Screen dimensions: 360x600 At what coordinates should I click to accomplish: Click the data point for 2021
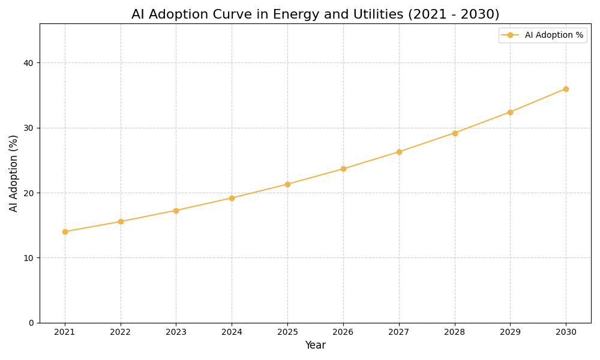(65, 232)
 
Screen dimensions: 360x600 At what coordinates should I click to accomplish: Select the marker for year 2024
(232, 198)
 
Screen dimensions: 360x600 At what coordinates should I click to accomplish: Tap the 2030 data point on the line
(566, 89)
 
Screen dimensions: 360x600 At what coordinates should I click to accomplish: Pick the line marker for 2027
(399, 152)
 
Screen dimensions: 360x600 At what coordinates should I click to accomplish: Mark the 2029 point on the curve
(510, 112)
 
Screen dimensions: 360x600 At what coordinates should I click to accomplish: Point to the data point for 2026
(343, 169)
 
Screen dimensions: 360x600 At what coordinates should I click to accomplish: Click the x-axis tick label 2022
(121, 332)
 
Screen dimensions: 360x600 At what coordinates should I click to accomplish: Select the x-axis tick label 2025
(287, 332)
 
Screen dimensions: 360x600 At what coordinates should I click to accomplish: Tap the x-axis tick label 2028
(455, 332)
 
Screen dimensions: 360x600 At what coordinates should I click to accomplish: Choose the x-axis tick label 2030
(566, 332)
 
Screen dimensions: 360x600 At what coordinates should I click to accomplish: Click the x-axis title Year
(315, 346)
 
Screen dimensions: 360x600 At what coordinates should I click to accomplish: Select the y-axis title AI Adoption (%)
(14, 173)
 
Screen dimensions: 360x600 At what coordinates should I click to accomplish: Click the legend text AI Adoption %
(554, 35)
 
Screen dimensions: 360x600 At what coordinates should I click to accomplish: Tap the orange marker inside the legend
(510, 35)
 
